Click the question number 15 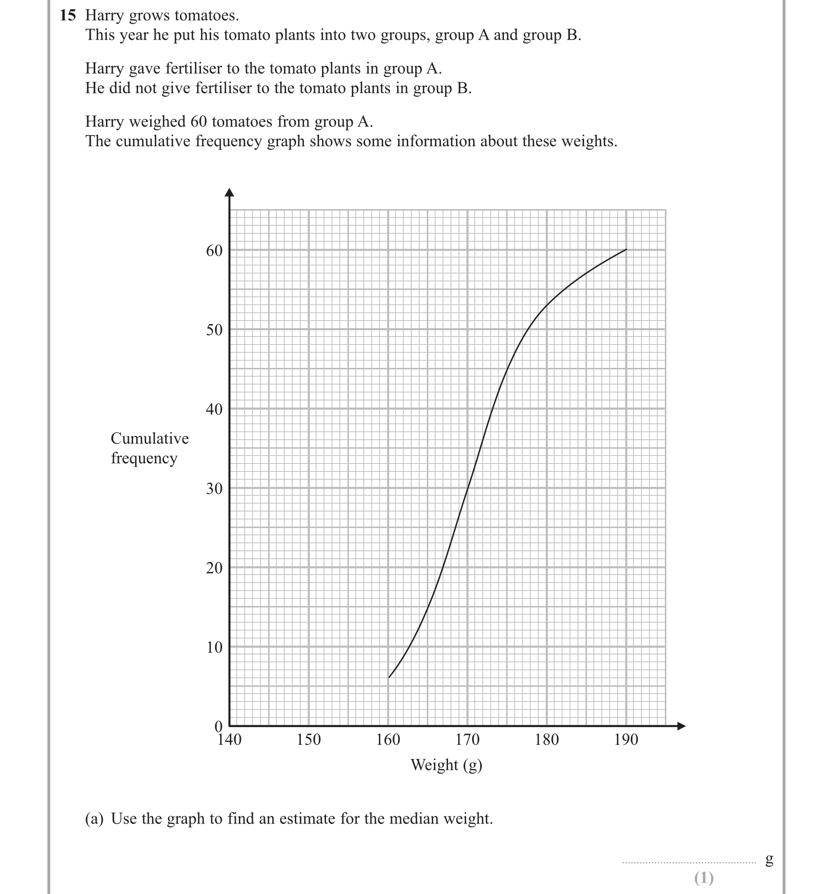tap(68, 16)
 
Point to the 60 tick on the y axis tap(214, 250)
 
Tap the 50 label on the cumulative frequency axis tap(214, 330)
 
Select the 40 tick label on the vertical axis tap(214, 409)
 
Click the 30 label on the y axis tap(214, 488)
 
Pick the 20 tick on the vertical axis tap(214, 568)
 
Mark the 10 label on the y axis tap(214, 647)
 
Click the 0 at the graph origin tap(218, 726)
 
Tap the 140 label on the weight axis tap(229, 740)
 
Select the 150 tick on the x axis tap(308, 740)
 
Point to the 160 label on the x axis tap(388, 740)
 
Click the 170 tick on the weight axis tap(467, 740)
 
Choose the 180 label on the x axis tap(547, 740)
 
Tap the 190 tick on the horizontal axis tap(626, 740)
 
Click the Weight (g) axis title tap(446, 765)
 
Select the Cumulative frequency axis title tap(150, 448)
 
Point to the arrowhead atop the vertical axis tap(230, 192)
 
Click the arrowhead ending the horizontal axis tap(681, 726)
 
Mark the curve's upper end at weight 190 tap(626, 249)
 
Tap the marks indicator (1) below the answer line tap(703, 878)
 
